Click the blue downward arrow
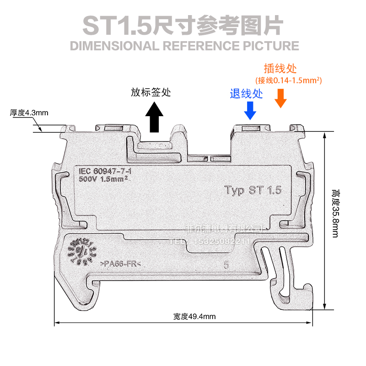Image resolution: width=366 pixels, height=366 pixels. click(250, 110)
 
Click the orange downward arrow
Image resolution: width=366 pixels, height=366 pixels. click(280, 98)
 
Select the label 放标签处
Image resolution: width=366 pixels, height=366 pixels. click(151, 92)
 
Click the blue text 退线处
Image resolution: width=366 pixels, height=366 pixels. click(246, 94)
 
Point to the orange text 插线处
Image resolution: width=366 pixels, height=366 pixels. click(280, 69)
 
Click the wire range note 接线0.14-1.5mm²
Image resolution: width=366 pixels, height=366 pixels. click(289, 81)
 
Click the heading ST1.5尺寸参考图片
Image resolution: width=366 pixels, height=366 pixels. click(183, 26)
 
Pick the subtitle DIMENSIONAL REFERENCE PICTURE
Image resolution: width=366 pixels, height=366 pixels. click(183, 46)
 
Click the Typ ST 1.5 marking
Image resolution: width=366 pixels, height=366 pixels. click(253, 190)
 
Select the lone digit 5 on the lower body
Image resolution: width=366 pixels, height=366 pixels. click(226, 264)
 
